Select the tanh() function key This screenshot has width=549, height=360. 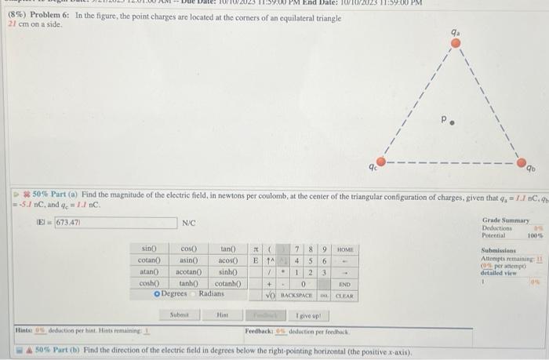coord(189,282)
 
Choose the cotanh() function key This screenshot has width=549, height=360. coord(227,282)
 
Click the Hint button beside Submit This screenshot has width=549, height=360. coord(222,317)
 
